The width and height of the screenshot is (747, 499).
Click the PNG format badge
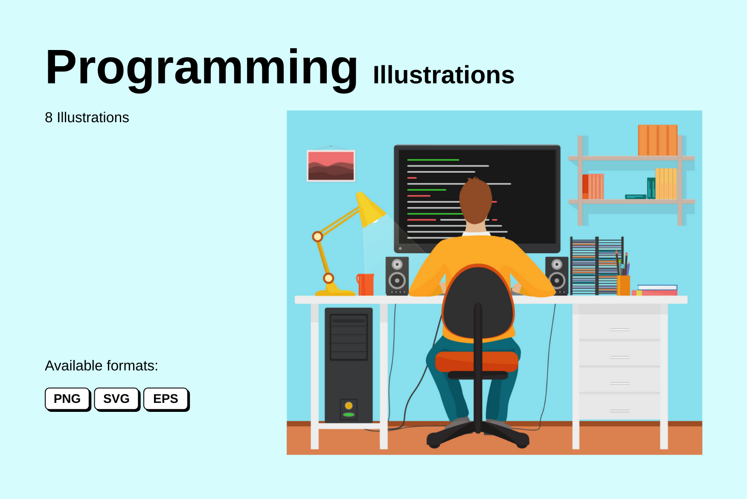tap(67, 399)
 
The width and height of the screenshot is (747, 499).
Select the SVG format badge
tap(116, 399)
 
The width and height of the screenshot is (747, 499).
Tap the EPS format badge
tap(166, 399)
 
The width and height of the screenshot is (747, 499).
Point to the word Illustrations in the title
tap(444, 75)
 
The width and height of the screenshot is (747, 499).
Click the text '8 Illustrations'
tap(87, 117)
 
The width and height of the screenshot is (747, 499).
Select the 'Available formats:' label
tap(102, 366)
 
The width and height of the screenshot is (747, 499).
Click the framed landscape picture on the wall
tap(331, 165)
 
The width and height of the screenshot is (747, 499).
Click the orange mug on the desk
tap(366, 284)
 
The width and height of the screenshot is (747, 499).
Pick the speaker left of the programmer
tap(397, 276)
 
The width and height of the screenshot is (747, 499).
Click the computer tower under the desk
tap(349, 365)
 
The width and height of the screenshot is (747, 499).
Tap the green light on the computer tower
tap(349, 414)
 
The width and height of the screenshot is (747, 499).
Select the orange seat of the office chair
tap(477, 361)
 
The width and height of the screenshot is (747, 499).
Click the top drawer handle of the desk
tap(619, 330)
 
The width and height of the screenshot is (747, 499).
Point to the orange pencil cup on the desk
tap(623, 285)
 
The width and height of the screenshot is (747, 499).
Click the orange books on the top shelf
tap(657, 140)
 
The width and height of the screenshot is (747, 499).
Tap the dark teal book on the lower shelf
tap(651, 188)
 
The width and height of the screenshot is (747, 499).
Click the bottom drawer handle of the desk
tap(619, 411)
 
